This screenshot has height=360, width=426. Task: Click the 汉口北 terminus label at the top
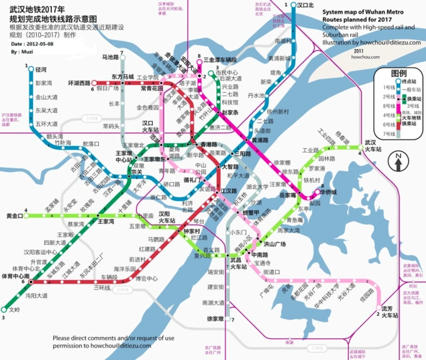[304, 4]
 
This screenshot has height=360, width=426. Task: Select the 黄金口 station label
[14, 215]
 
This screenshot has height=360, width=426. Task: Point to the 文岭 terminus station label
[14, 310]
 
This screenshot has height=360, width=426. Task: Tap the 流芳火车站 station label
[390, 312]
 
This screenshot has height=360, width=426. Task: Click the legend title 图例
[399, 74]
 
